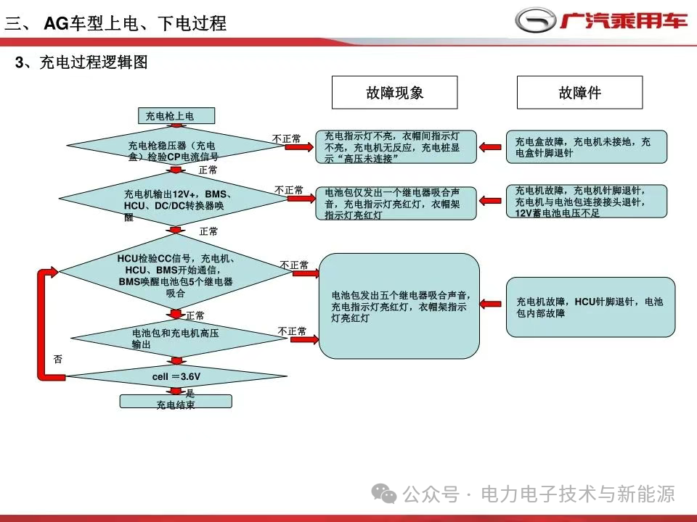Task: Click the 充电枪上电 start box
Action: (x=176, y=115)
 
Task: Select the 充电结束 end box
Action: (x=176, y=401)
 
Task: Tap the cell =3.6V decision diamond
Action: (x=176, y=376)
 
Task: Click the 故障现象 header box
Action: (x=395, y=92)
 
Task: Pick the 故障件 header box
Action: (x=579, y=92)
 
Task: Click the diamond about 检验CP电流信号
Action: (x=174, y=146)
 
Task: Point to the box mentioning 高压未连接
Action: (x=396, y=146)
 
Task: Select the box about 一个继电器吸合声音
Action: (x=396, y=203)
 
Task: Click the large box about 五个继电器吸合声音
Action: (x=399, y=306)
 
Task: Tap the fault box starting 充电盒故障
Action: (x=587, y=146)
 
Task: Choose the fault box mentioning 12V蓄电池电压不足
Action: (x=587, y=201)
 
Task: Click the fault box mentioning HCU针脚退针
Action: (x=591, y=307)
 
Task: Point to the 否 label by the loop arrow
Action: (x=58, y=359)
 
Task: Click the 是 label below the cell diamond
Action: (x=189, y=392)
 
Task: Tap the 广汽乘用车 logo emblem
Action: (x=535, y=21)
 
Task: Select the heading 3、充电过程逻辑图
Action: (x=81, y=62)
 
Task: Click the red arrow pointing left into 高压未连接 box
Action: (x=490, y=147)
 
